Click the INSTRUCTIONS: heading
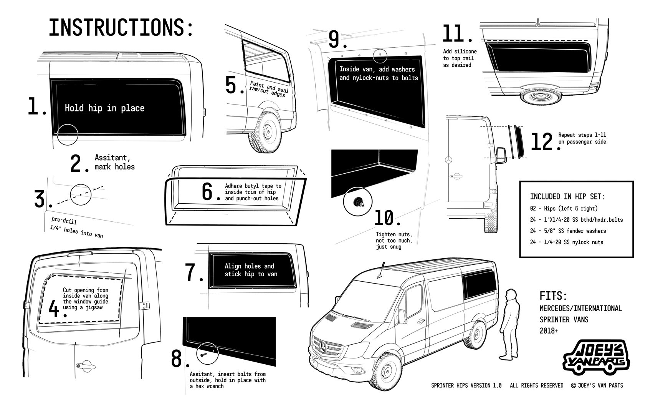tap(121, 28)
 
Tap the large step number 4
tap(55, 309)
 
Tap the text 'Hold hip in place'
tap(104, 108)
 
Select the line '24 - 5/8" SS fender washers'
tap(568, 231)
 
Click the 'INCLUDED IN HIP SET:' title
tap(567, 197)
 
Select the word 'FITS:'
tap(553, 296)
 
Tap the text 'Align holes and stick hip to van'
tap(251, 270)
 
